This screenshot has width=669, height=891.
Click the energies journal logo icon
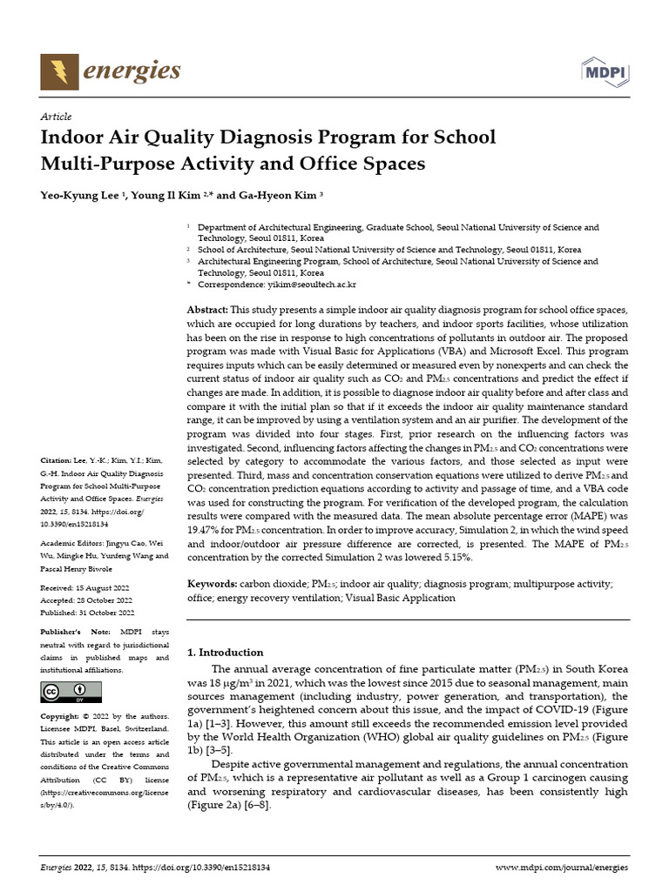point(59,70)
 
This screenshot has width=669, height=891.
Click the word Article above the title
point(56,117)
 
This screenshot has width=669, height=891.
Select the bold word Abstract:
point(208,311)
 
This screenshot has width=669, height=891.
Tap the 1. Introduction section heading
point(226,653)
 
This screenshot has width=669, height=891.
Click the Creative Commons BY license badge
point(71,692)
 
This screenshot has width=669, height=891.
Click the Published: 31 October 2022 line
point(87,612)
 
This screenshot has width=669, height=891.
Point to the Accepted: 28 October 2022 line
point(86,600)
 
